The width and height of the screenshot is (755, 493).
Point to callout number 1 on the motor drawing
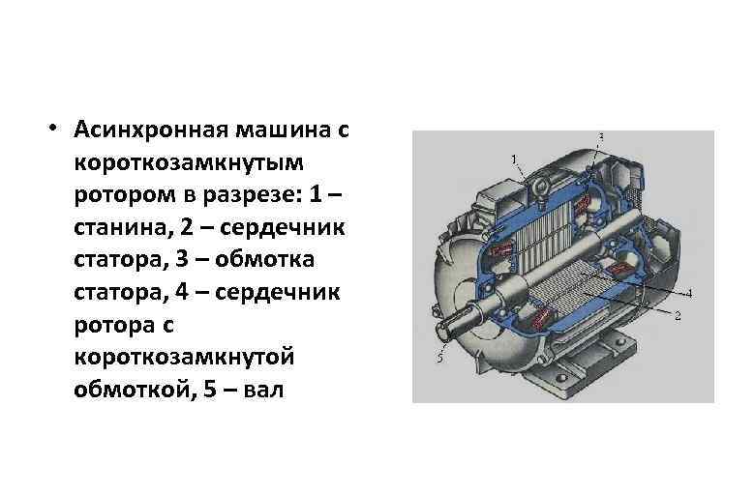pyautogui.click(x=513, y=158)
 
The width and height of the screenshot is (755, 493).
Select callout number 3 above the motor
pyautogui.click(x=602, y=135)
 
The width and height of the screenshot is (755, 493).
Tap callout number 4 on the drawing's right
pyautogui.click(x=687, y=292)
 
